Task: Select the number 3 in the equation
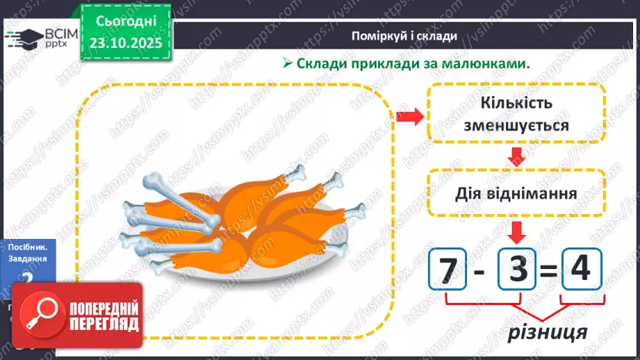(x=518, y=268)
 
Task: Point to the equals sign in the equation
(x=549, y=270)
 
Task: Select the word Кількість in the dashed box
(x=516, y=103)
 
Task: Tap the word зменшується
(x=516, y=126)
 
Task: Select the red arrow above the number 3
(x=517, y=231)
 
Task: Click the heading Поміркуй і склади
(x=404, y=35)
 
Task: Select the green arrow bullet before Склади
(x=287, y=63)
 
